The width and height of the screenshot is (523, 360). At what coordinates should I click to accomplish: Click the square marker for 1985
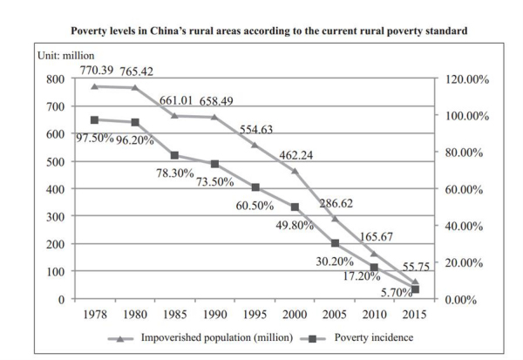(176, 156)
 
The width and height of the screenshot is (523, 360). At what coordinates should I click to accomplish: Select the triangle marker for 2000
(295, 171)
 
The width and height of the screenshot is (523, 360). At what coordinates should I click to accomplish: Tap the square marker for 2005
(334, 243)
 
